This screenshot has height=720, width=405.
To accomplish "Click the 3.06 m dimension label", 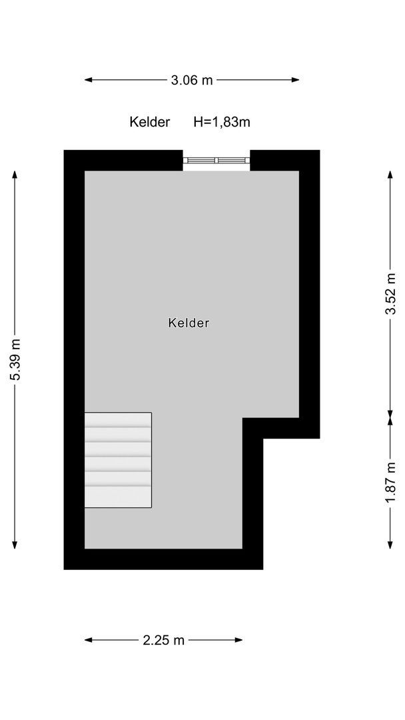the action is point(192,80).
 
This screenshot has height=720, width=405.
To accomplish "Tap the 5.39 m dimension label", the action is point(15,359).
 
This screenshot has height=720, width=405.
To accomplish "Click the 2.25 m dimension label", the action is point(164,640).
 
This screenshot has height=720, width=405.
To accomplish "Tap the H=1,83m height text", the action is point(222,122).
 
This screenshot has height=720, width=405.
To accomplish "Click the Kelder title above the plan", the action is point(149,122).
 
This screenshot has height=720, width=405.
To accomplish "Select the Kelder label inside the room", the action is point(189,323).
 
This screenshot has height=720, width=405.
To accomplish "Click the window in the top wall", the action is point(216,160).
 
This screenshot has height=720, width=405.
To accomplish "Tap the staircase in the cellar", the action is point(118,460).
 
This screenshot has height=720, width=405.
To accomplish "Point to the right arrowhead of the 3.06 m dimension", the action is point(295,80).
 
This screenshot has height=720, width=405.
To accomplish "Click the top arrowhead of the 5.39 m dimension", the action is point(15,175).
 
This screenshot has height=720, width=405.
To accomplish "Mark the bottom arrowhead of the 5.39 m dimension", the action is point(15,545).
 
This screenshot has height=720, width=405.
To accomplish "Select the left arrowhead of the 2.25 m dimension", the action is point(89,640).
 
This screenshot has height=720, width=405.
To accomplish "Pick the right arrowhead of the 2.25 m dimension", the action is point(238,640).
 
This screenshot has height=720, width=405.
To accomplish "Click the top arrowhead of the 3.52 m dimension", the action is point(390,175).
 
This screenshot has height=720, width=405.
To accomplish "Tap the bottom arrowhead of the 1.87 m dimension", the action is point(390,545).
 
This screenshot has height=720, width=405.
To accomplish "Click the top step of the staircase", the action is point(118,420).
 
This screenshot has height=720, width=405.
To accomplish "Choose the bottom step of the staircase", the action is point(118,497).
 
